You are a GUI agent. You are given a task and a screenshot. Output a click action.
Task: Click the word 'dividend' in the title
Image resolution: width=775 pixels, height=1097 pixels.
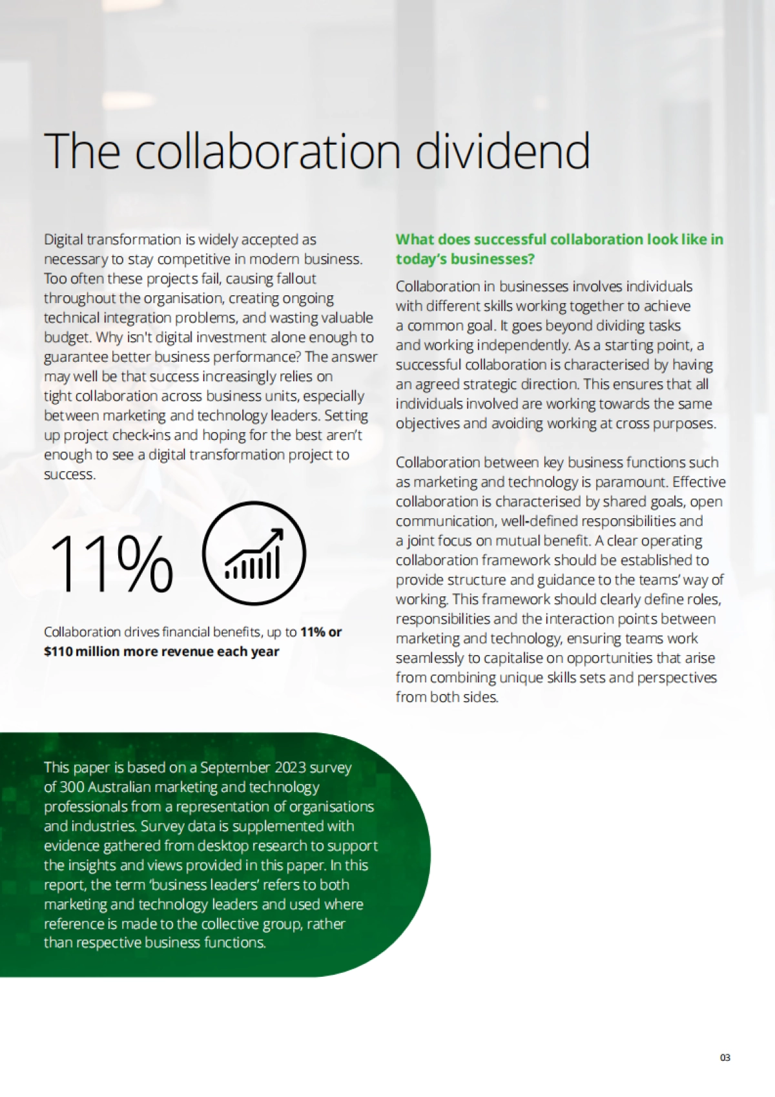[502, 151]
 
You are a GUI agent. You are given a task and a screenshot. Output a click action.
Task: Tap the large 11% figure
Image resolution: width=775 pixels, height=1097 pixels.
[110, 563]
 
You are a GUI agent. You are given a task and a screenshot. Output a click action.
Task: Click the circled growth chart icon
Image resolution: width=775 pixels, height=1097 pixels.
[254, 554]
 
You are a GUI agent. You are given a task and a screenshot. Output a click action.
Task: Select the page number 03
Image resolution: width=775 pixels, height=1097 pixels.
[725, 1058]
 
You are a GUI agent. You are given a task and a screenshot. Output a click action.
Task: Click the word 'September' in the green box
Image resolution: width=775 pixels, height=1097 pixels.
[235, 768]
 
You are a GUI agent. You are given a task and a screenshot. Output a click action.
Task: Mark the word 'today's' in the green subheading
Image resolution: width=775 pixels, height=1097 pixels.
[420, 259]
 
